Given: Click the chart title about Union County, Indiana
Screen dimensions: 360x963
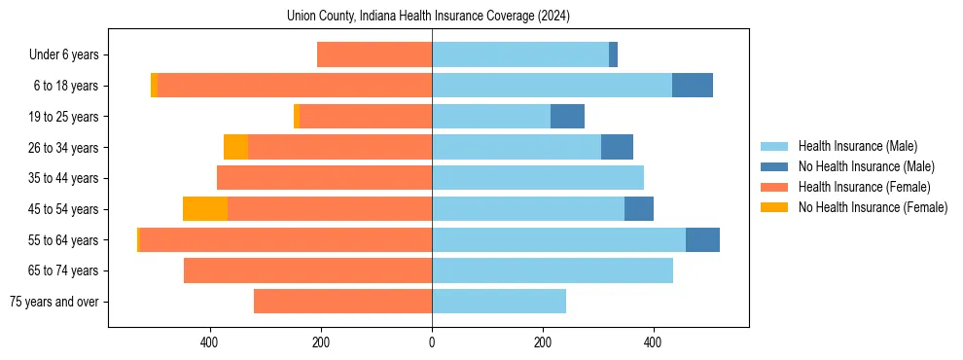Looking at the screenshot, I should [428, 16].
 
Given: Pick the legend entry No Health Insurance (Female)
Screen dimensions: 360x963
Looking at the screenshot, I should [873, 207].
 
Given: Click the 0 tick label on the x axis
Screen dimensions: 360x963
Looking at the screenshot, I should [432, 342].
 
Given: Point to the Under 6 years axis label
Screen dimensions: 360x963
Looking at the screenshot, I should [63, 55].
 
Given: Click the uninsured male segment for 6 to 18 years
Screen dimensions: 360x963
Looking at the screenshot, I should [693, 86].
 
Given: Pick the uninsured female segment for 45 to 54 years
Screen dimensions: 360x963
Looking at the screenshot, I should [205, 209].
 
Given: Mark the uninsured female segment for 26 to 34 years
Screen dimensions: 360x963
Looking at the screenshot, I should [235, 147].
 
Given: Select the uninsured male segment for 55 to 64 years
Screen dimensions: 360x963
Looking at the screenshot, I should [702, 240].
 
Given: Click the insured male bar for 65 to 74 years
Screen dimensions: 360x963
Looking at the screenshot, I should [553, 270].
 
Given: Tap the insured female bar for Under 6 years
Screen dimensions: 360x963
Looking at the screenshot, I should [374, 55].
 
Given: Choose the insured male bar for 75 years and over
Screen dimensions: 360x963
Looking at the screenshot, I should [499, 302].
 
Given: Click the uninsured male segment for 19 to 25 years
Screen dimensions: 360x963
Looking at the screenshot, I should [567, 117].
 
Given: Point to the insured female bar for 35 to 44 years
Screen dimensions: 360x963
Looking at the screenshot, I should [324, 178].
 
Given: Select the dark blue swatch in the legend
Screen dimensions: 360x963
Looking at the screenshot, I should [774, 166].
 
